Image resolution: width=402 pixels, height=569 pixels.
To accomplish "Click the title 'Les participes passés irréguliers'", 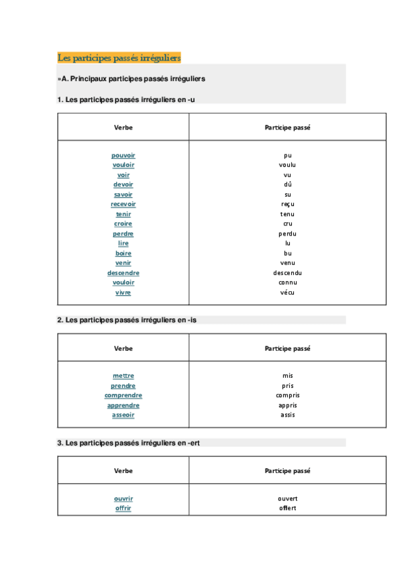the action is pyautogui.click(x=119, y=58).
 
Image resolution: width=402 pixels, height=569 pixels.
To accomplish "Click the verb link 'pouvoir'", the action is pyautogui.click(x=123, y=156).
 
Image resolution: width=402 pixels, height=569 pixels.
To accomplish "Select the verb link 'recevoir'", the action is pyautogui.click(x=123, y=205).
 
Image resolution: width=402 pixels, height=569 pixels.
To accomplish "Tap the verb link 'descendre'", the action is pyautogui.click(x=123, y=273).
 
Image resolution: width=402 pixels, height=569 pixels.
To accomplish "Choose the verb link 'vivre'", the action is pyautogui.click(x=123, y=293).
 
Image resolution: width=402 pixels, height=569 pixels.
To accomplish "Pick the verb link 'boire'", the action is pyautogui.click(x=123, y=254).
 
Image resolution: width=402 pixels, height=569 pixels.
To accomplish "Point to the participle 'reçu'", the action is pyautogui.click(x=288, y=205).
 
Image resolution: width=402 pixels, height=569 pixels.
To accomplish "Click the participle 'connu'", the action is pyautogui.click(x=288, y=282).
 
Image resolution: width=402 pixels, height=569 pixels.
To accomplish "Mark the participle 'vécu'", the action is pyautogui.click(x=288, y=293).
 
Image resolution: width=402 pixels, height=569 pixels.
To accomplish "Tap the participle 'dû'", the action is pyautogui.click(x=288, y=185).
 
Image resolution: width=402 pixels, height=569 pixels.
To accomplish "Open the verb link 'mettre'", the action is pyautogui.click(x=123, y=376).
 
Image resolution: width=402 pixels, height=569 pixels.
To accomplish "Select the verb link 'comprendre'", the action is pyautogui.click(x=123, y=395).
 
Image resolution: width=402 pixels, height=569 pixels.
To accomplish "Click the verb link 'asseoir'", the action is pyautogui.click(x=123, y=415).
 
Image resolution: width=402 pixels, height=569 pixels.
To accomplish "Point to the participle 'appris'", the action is pyautogui.click(x=288, y=405).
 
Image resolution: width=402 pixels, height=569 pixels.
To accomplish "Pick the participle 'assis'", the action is pyautogui.click(x=288, y=415).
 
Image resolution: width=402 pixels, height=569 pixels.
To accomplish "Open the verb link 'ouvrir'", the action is pyautogui.click(x=123, y=499).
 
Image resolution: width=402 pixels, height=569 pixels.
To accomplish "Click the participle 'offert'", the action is pyautogui.click(x=288, y=508).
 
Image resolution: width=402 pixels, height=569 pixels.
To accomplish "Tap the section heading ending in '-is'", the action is pyautogui.click(x=127, y=320).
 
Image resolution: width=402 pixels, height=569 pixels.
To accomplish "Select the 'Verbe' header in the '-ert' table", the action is pyautogui.click(x=123, y=471).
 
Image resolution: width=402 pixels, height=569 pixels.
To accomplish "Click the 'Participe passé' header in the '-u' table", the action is pyautogui.click(x=288, y=127).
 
